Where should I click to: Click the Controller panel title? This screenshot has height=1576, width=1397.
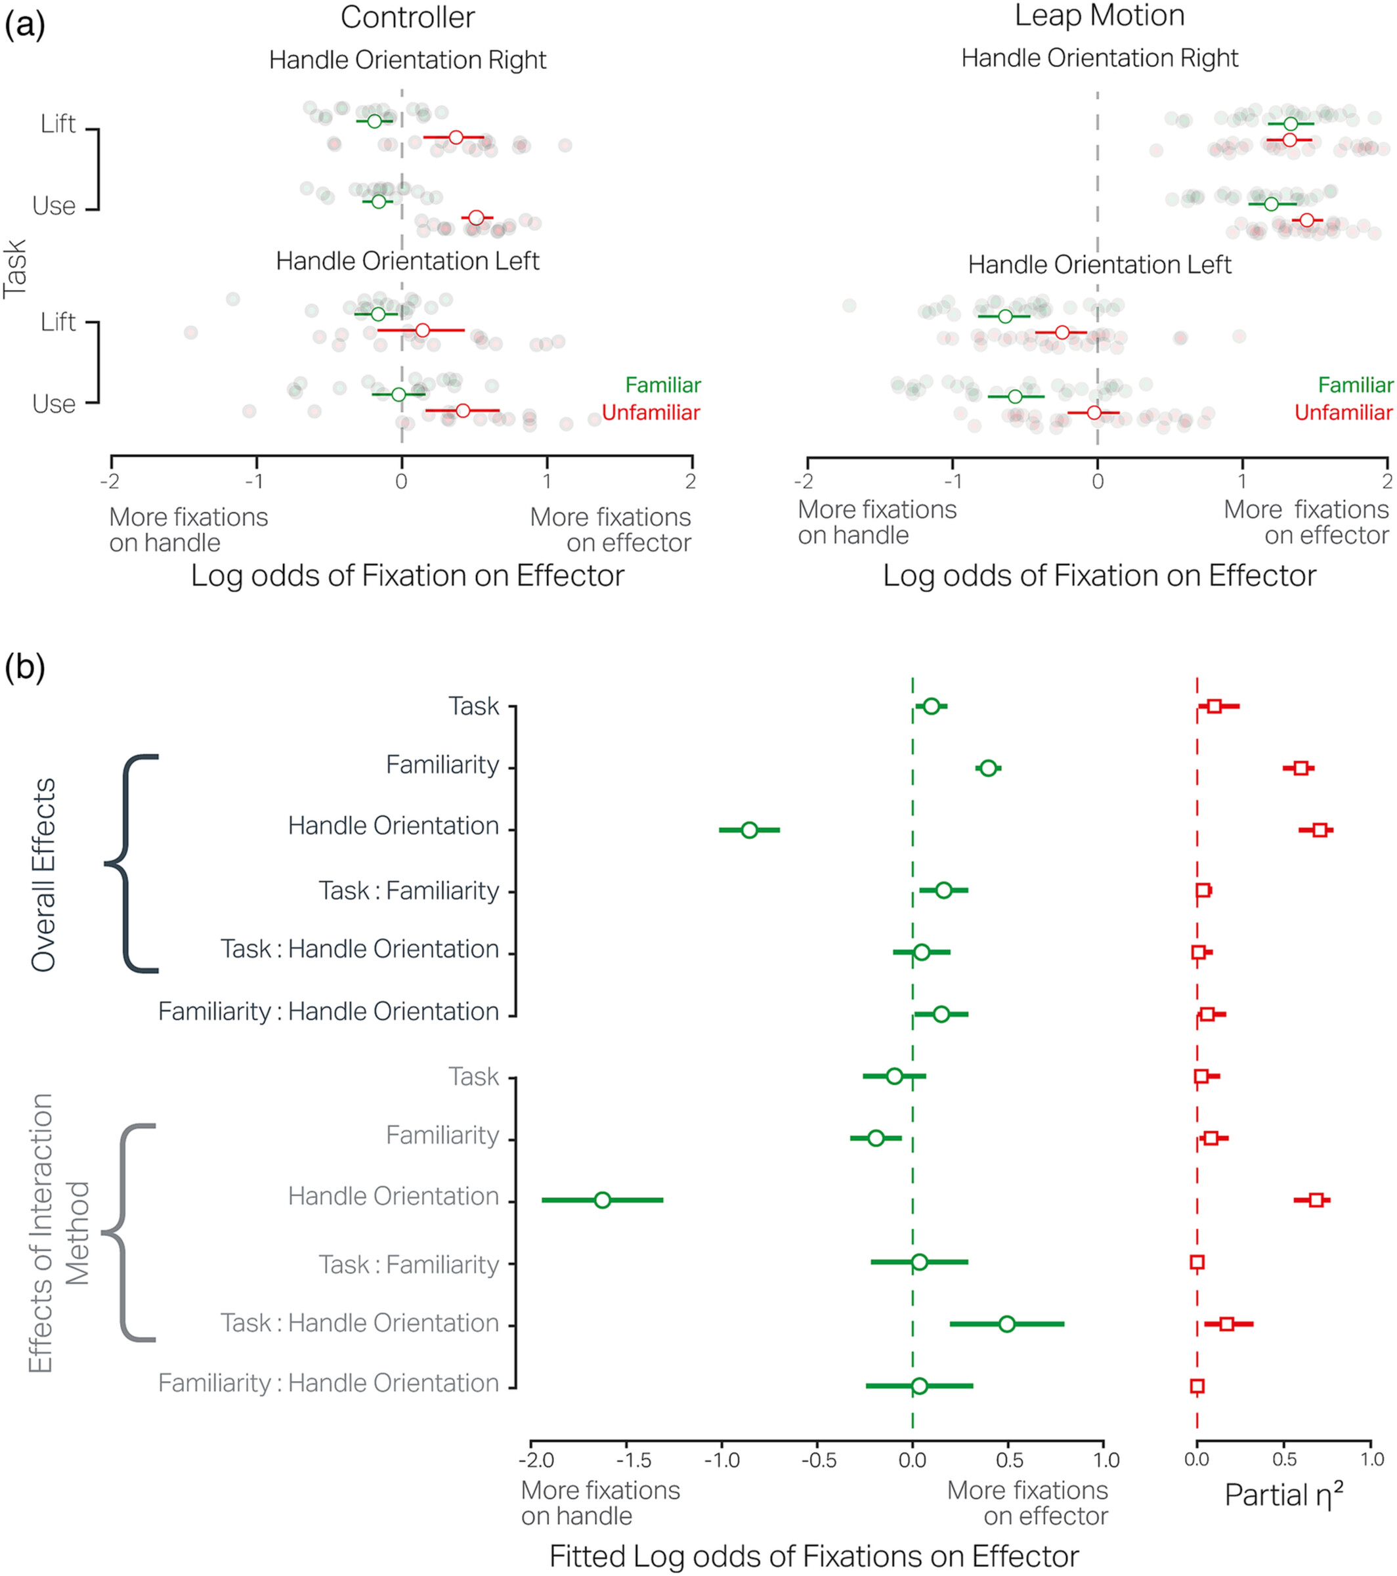(x=407, y=17)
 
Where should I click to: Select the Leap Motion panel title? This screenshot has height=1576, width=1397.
(x=1099, y=15)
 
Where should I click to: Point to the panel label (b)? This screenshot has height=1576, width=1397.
(x=25, y=667)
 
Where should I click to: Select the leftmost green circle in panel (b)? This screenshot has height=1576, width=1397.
(x=603, y=1200)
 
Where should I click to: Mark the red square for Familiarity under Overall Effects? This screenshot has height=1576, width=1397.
(x=1300, y=768)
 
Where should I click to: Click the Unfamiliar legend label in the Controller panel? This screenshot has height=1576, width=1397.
(x=651, y=412)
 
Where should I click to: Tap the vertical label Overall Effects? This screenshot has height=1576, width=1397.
(x=43, y=874)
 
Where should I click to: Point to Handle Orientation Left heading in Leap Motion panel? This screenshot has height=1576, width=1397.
(x=1100, y=265)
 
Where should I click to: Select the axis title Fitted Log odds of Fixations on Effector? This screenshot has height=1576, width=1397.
(x=813, y=1556)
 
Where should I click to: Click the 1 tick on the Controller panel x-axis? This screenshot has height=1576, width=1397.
(x=547, y=482)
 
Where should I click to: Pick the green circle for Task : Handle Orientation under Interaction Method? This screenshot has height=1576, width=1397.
(x=1007, y=1324)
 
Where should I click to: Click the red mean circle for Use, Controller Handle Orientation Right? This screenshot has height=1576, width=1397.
(x=477, y=217)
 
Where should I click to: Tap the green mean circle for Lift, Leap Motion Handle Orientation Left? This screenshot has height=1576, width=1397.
(x=1004, y=316)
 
